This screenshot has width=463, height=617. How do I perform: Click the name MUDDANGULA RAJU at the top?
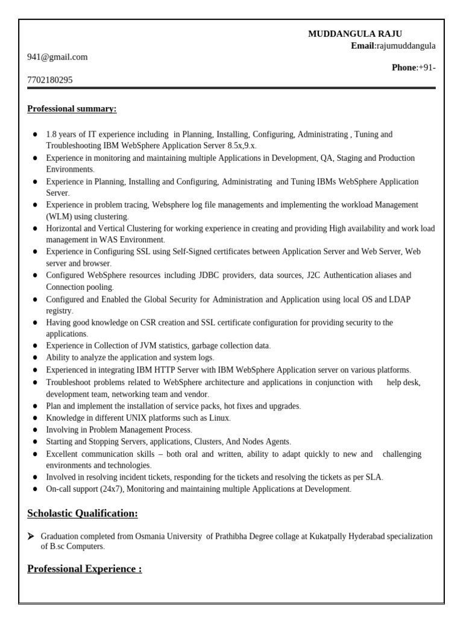[355, 34]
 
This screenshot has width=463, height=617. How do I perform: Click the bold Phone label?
[404, 67]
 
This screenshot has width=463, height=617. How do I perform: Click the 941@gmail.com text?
[57, 57]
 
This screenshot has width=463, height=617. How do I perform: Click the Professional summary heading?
[72, 109]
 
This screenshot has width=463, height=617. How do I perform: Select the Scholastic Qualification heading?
[83, 513]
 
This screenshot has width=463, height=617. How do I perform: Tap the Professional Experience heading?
[84, 569]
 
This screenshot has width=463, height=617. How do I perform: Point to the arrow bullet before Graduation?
[31, 536]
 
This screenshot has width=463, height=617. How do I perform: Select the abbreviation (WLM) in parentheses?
[59, 216]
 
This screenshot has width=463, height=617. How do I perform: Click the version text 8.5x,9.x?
[243, 146]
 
